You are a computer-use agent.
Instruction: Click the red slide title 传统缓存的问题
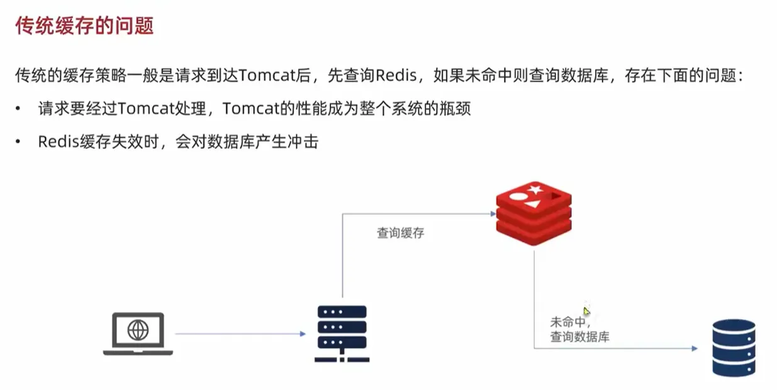[85, 27]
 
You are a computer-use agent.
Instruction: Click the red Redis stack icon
[535, 214]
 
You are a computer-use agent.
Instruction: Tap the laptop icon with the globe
[138, 333]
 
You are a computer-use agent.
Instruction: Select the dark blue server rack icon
[342, 333]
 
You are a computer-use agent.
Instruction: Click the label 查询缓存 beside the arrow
[400, 233]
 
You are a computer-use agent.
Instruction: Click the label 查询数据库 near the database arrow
[579, 337]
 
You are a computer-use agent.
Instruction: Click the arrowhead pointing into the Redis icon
[493, 214]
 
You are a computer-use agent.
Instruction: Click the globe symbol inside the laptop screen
[138, 330]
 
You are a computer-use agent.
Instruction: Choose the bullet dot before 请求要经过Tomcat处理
[19, 109]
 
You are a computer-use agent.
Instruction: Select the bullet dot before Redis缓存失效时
[19, 142]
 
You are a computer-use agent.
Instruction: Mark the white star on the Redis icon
[535, 188]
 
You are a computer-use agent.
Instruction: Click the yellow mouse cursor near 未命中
[586, 311]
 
